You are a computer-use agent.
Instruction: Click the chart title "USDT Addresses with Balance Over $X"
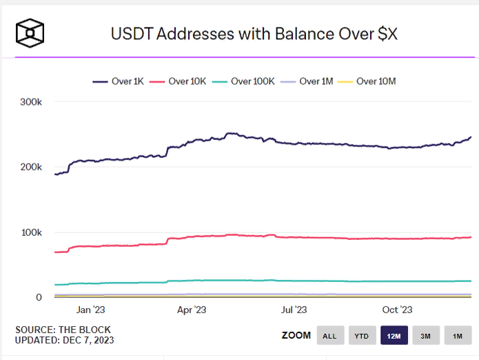254,33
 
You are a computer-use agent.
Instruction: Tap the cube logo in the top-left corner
30,32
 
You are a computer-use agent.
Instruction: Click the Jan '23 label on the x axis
90,310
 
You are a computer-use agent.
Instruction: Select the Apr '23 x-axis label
192,310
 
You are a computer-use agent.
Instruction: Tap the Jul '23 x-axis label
294,310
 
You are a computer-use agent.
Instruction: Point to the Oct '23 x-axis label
397,310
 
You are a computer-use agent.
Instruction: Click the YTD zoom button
362,336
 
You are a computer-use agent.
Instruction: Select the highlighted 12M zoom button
394,336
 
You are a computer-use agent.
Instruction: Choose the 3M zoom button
425,336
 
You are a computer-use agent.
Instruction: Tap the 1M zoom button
457,336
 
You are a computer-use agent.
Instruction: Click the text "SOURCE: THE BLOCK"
63,330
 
